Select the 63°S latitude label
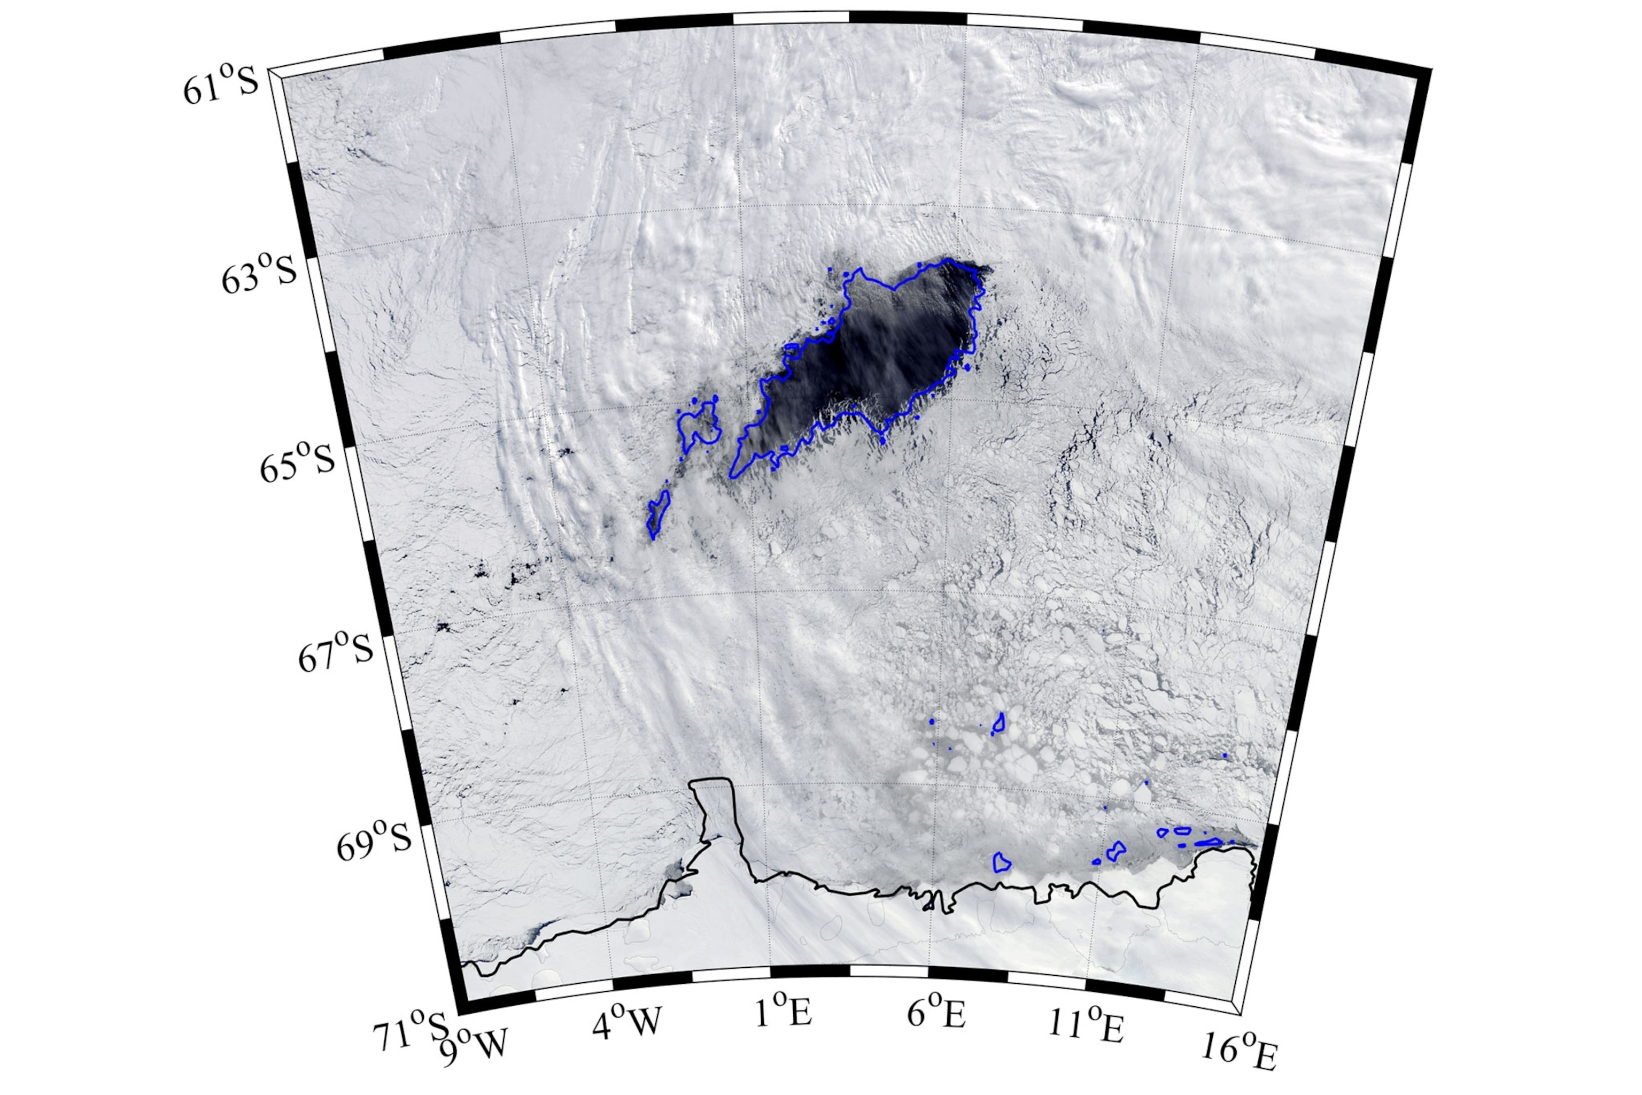pyautogui.click(x=259, y=274)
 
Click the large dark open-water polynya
pyautogui.click(x=887, y=356)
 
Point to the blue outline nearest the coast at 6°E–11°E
pyautogui.click(x=1001, y=863)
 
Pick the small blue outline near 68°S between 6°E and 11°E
pyautogui.click(x=999, y=723)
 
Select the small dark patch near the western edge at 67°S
pyautogui.click(x=443, y=627)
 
